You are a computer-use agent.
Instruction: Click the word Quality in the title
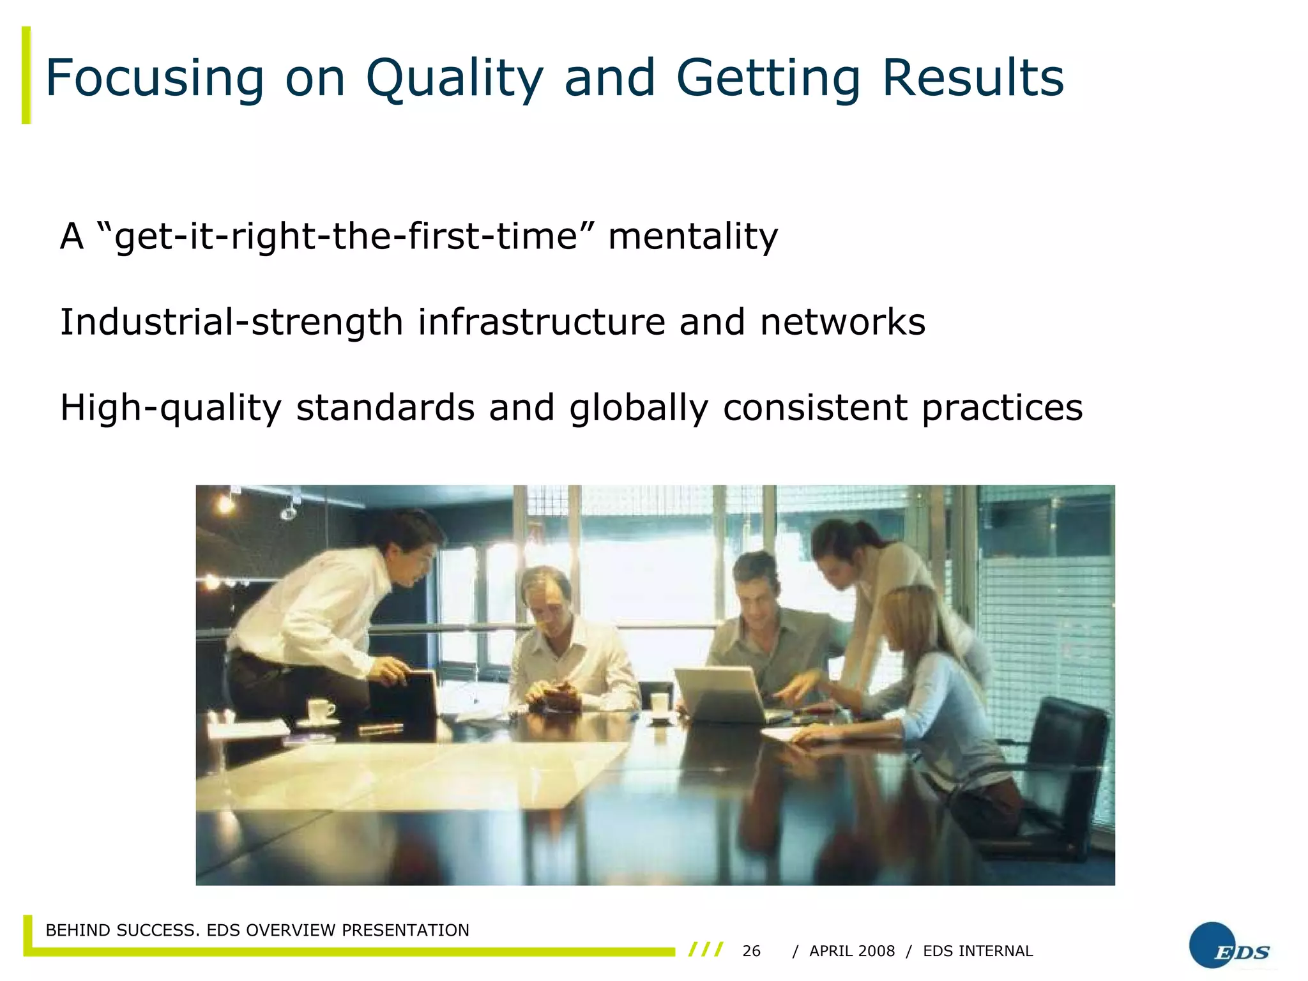(x=454, y=79)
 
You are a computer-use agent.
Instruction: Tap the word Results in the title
(x=973, y=79)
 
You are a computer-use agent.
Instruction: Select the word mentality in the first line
(x=693, y=236)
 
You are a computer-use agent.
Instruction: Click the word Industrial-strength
(x=231, y=322)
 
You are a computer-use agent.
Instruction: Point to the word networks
(x=842, y=322)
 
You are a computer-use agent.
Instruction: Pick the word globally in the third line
(x=638, y=408)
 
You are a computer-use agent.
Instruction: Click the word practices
(x=1002, y=408)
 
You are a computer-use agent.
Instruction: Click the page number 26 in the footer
(x=751, y=951)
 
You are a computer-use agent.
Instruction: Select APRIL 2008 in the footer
(x=852, y=951)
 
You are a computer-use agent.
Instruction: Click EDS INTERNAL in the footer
(x=978, y=951)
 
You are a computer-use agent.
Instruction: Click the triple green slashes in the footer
(x=706, y=950)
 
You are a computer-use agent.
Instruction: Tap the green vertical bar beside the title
(x=26, y=75)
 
